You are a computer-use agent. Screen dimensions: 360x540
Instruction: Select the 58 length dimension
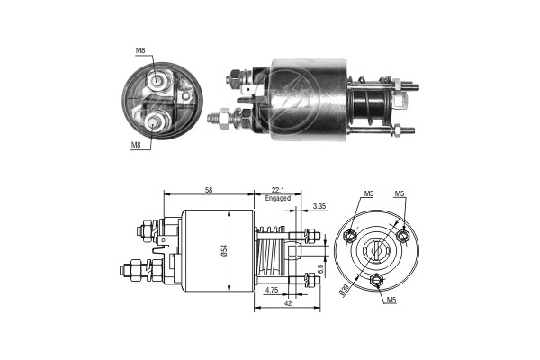tap(208, 190)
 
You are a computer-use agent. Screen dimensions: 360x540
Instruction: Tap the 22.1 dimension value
tap(278, 190)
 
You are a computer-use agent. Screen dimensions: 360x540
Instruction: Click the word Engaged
tap(278, 199)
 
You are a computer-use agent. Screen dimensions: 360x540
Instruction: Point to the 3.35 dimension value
tap(319, 206)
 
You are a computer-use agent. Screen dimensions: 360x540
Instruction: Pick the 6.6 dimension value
tap(319, 268)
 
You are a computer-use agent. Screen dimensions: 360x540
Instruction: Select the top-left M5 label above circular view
tap(369, 193)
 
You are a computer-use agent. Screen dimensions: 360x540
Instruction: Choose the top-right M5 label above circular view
tap(399, 193)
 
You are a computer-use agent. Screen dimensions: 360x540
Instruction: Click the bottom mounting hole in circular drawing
tap(377, 281)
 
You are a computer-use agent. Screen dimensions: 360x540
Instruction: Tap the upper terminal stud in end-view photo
tap(158, 80)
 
